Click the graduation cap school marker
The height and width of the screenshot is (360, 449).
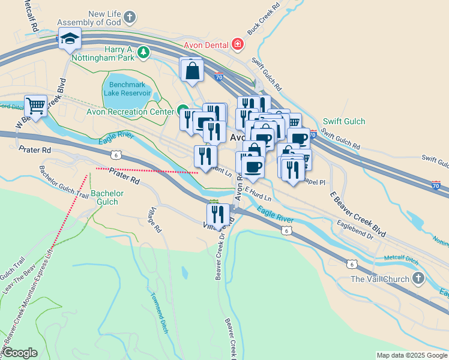point(70,39)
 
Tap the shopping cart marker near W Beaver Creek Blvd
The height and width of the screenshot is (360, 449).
point(36,106)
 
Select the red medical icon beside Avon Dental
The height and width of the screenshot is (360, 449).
point(238,44)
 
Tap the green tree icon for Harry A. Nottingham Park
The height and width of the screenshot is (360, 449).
point(143,53)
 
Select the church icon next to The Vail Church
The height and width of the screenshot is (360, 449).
point(418,279)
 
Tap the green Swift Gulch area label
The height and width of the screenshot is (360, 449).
point(344,122)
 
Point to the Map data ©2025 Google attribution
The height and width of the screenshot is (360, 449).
point(411,355)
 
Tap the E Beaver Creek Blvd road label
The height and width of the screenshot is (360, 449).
point(358,214)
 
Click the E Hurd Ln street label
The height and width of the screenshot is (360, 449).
point(258,193)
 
